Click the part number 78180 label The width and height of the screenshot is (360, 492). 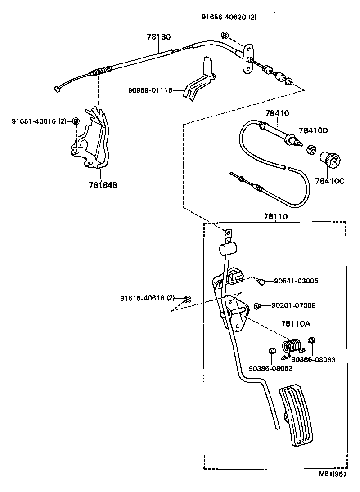158,37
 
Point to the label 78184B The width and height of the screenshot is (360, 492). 103,184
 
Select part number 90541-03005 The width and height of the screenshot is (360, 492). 296,281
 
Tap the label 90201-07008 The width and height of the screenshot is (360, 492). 293,305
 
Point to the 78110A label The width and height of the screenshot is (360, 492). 295,323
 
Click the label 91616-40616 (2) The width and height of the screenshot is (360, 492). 147,298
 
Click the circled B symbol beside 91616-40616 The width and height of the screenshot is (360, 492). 188,299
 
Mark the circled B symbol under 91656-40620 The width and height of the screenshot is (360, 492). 225,36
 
